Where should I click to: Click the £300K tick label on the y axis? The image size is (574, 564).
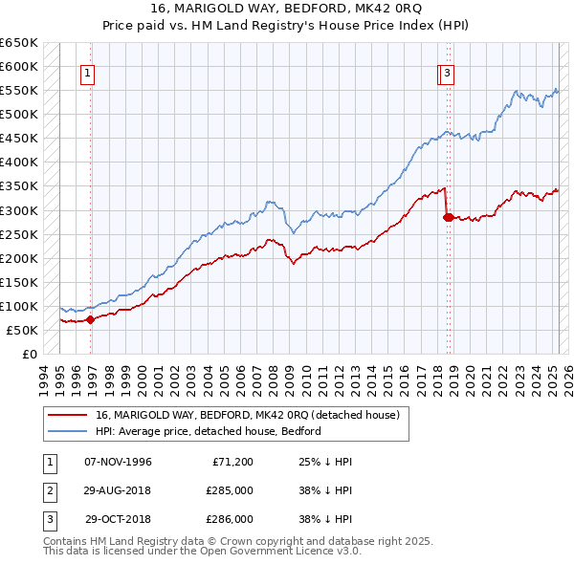click(x=18, y=210)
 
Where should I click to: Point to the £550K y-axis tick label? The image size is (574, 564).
click(x=18, y=91)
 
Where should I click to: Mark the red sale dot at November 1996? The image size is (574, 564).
click(x=91, y=319)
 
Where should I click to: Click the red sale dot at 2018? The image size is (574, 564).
click(x=448, y=217)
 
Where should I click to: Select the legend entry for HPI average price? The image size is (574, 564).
click(x=208, y=431)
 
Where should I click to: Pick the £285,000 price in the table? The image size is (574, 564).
click(x=231, y=490)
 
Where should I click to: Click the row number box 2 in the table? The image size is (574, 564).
click(x=49, y=490)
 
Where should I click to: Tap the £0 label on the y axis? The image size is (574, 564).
click(x=27, y=354)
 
